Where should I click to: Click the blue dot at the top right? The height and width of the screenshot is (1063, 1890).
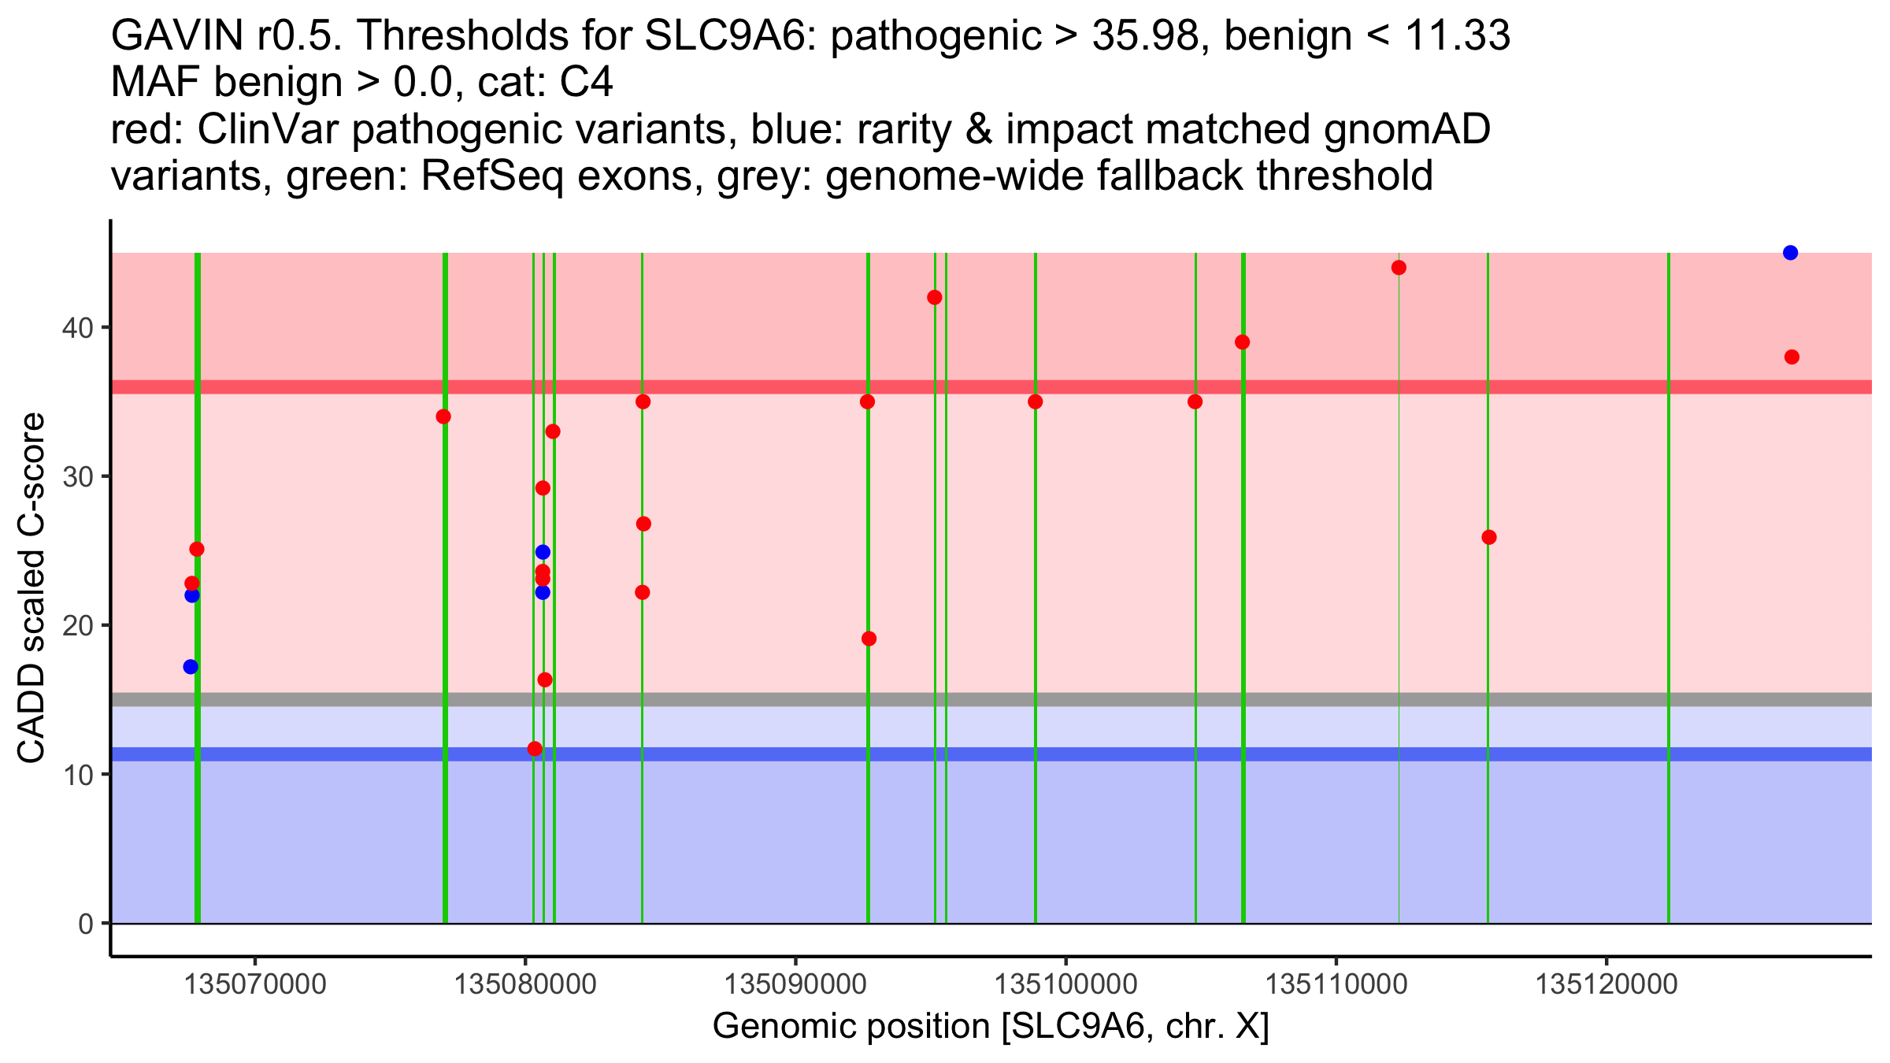[x=1790, y=253]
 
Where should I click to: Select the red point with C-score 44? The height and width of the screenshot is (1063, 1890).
[x=1399, y=268]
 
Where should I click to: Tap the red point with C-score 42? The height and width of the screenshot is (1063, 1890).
[x=935, y=298]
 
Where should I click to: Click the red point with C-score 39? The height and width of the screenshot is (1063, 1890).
[x=1243, y=343]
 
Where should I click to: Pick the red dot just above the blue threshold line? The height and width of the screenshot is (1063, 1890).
[x=535, y=749]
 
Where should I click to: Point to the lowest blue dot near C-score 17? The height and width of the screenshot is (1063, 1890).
[x=191, y=667]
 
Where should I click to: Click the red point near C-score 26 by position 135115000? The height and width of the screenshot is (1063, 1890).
[x=1489, y=538]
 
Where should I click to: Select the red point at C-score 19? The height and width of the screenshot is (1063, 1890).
[x=869, y=639]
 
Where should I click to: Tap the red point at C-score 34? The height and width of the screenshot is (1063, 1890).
[x=443, y=417]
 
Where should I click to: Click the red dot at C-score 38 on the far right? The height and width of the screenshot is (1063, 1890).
[x=1792, y=357]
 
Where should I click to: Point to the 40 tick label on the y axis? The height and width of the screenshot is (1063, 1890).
[x=77, y=328]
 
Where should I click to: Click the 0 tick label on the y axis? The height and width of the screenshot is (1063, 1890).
[x=86, y=924]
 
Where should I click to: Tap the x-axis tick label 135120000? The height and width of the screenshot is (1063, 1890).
[x=1606, y=984]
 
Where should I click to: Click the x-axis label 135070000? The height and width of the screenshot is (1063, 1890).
[x=254, y=984]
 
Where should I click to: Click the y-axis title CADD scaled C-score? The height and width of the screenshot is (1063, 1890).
[x=31, y=587]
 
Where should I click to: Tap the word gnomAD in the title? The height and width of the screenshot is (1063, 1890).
[x=1406, y=131]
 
